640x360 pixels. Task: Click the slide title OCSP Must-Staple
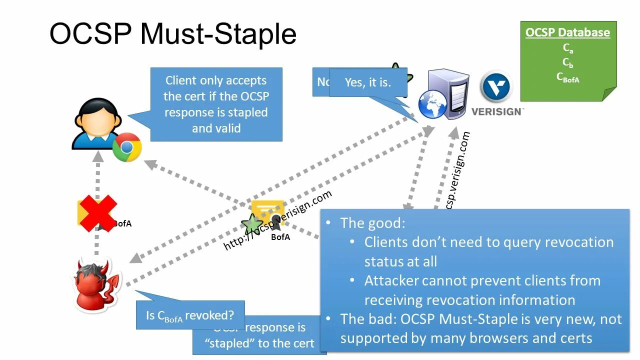point(173,34)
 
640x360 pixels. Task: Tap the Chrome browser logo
point(127,147)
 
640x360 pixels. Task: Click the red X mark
point(97,213)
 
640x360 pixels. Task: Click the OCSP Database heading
point(567,32)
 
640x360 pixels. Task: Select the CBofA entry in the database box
point(567,77)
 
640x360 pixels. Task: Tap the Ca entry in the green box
point(567,48)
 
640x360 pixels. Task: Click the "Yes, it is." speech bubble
point(368,82)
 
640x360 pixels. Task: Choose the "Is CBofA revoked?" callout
point(190,315)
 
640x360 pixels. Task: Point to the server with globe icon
point(442,95)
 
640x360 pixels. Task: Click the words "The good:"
point(372,223)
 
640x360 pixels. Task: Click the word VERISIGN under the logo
point(496,111)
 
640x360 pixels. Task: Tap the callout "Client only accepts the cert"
point(216,104)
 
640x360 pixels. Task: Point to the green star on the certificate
point(251,224)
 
